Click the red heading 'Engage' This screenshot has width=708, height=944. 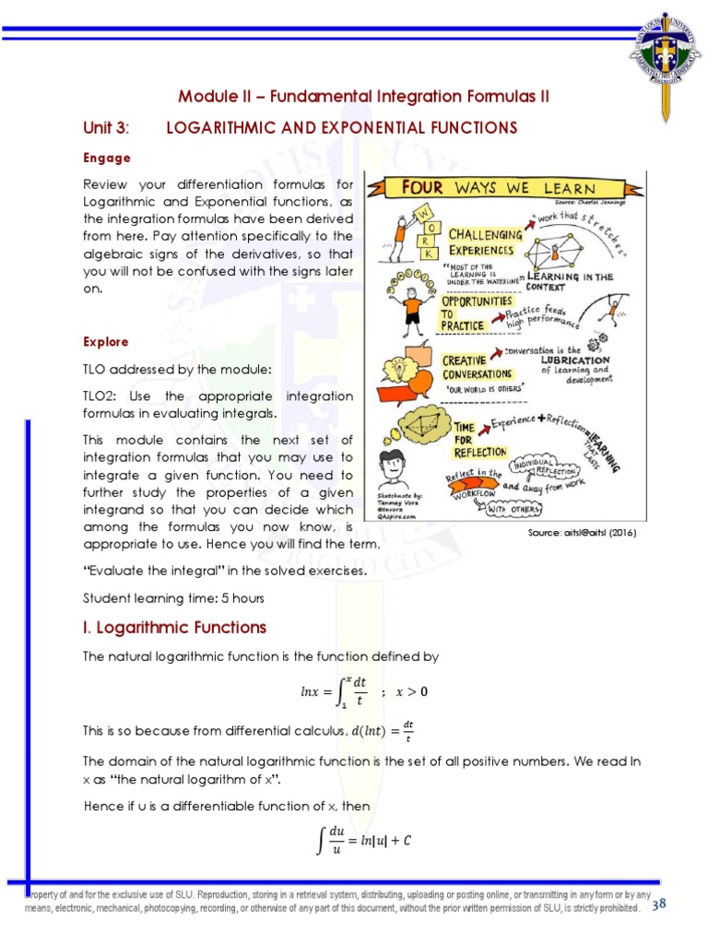click(107, 158)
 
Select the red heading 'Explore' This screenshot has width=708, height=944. click(107, 342)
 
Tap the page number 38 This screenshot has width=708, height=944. click(659, 904)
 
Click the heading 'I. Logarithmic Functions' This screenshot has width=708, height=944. click(174, 628)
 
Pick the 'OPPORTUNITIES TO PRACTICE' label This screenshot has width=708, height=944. click(476, 313)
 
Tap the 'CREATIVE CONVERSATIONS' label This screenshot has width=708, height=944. click(477, 367)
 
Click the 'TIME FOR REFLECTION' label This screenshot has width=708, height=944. click(479, 439)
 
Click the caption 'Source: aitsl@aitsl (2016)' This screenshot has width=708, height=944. click(582, 533)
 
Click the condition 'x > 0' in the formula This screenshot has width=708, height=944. click(411, 691)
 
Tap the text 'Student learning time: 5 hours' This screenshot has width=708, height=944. click(173, 598)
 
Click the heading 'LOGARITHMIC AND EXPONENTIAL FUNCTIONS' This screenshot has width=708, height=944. click(341, 127)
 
